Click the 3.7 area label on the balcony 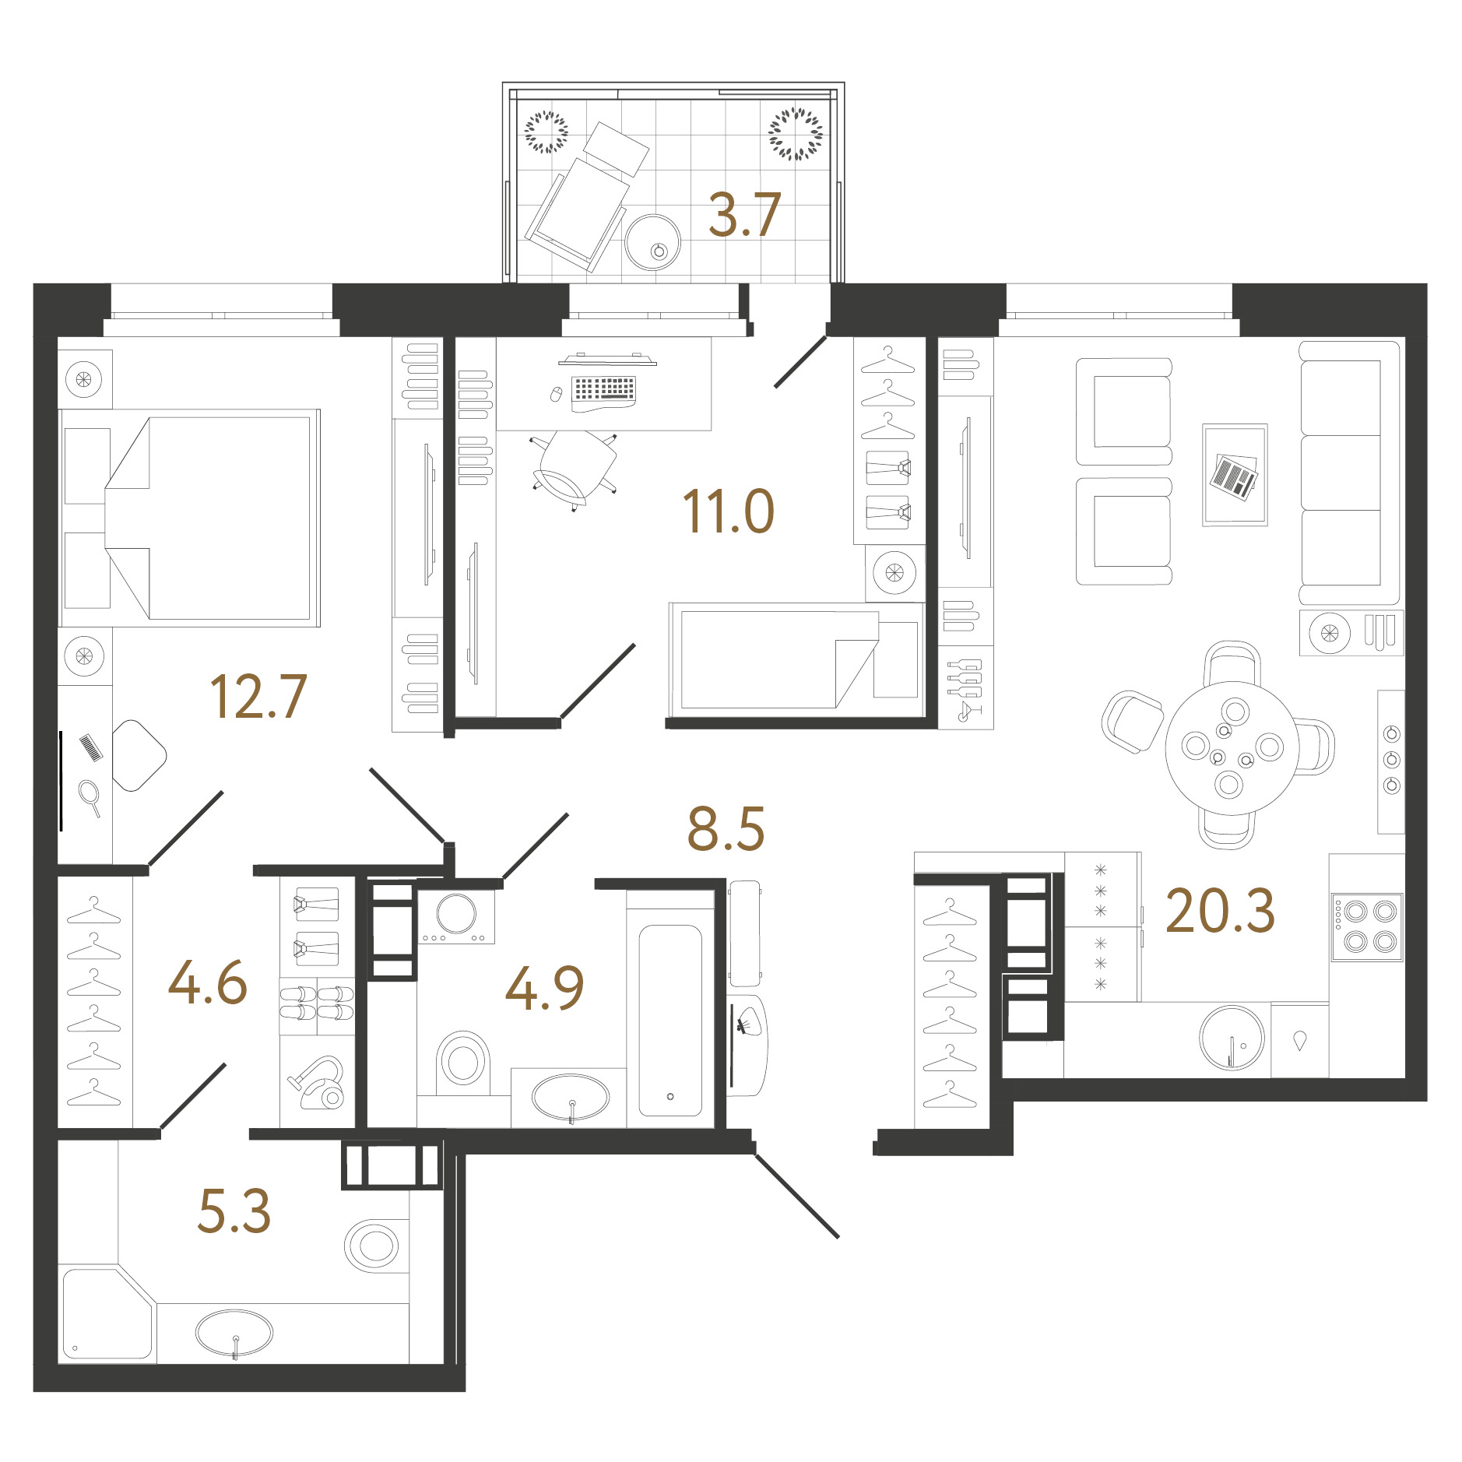click(744, 216)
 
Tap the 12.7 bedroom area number click(258, 697)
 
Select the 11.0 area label click(728, 511)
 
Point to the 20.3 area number click(1220, 911)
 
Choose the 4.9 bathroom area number click(544, 988)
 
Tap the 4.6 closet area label click(208, 982)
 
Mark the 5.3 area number click(234, 1211)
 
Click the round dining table click(1232, 748)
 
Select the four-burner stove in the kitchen click(1367, 927)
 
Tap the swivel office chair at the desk click(575, 469)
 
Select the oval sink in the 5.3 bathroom click(234, 1333)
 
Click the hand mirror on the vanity click(90, 798)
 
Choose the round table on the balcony click(652, 242)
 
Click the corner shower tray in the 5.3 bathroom click(107, 1314)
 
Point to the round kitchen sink click(1232, 1038)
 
